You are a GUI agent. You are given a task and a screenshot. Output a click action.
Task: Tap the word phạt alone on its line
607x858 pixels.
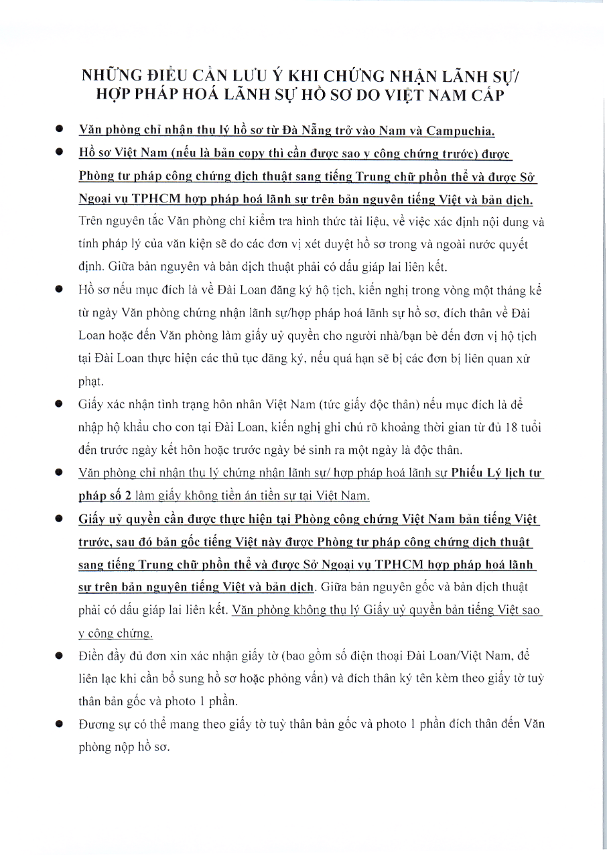tap(90, 380)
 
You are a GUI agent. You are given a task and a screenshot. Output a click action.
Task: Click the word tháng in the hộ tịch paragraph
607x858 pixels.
tap(489, 290)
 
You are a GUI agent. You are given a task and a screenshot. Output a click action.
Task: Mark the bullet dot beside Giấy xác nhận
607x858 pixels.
tap(60, 404)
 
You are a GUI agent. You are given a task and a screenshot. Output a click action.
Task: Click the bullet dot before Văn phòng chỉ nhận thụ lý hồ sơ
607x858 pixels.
tap(60, 129)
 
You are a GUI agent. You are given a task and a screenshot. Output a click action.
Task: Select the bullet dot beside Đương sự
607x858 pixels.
tap(60, 724)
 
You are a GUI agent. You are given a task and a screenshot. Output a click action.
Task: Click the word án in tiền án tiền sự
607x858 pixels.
tap(224, 497)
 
